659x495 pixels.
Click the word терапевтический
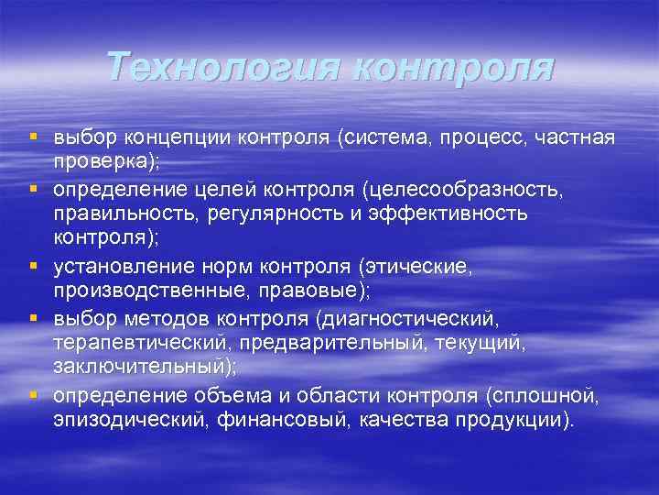pos(139,343)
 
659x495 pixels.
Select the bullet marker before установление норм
pos(33,267)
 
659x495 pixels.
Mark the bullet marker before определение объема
pos(33,395)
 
